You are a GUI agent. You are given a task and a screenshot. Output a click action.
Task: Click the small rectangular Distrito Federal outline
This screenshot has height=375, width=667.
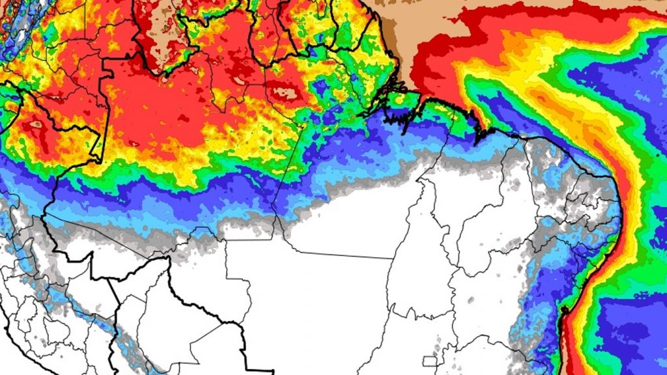(429, 361)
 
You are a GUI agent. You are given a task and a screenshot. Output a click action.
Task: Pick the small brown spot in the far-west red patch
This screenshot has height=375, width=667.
(36, 124)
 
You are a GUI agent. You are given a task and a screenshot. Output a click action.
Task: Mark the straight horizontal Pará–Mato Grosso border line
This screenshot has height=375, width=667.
(339, 255)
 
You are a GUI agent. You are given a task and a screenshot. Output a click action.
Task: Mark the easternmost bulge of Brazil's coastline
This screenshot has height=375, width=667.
(617, 195)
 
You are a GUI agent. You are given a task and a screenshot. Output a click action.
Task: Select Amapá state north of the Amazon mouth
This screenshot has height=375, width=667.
(365, 59)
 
